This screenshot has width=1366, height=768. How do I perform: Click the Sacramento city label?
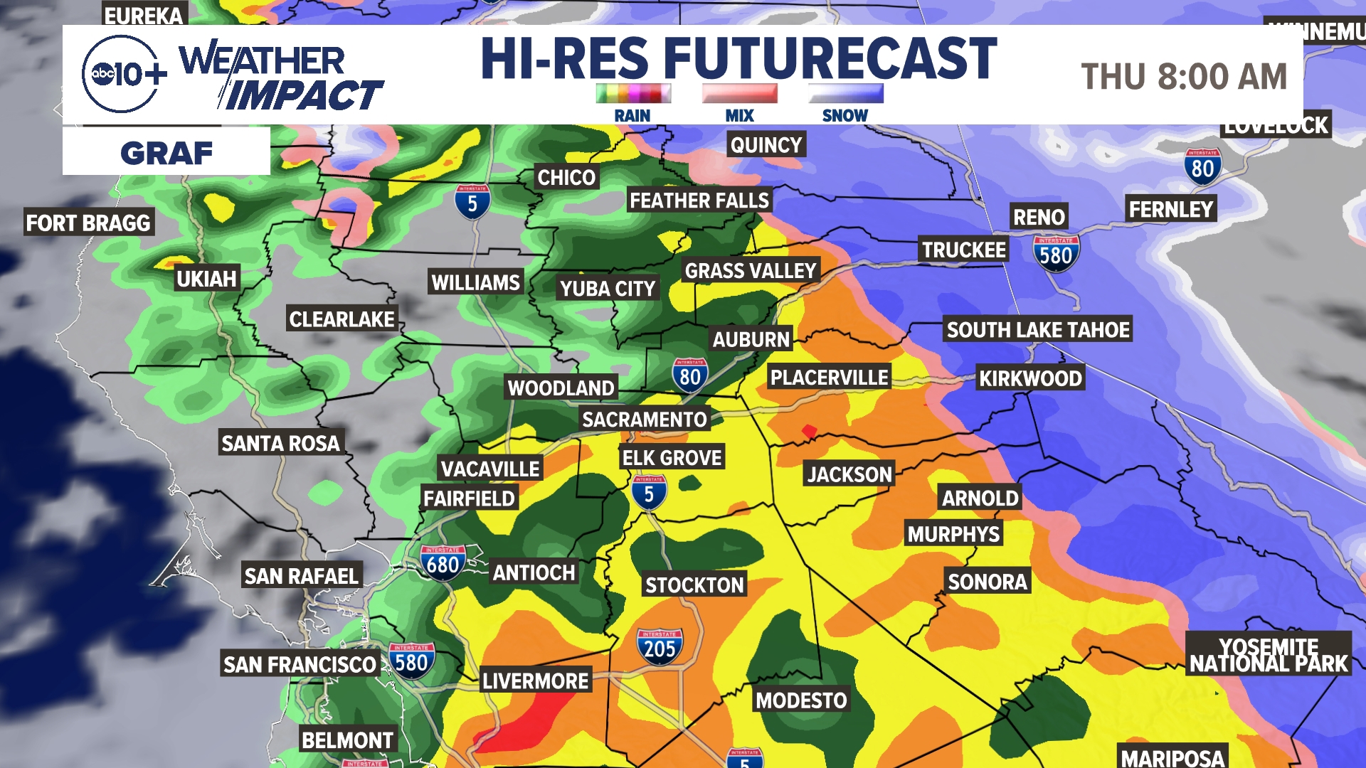click(x=644, y=420)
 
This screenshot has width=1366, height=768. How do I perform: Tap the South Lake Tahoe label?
click(x=1037, y=330)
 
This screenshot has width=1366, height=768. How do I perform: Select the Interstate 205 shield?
click(x=660, y=646)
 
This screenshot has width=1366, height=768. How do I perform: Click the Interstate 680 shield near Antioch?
click(x=443, y=563)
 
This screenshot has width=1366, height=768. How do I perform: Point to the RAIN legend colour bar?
click(x=633, y=93)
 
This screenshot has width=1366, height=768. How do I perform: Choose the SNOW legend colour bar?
click(x=845, y=93)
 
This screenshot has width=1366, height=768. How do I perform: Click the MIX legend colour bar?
click(x=739, y=93)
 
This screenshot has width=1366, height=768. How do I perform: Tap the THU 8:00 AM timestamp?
click(x=1184, y=77)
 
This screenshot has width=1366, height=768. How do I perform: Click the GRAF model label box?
click(x=166, y=152)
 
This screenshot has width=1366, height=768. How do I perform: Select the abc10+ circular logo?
click(x=121, y=74)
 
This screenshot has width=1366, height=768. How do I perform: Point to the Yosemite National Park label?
click(x=1269, y=655)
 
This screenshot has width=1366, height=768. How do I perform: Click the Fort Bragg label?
click(x=88, y=223)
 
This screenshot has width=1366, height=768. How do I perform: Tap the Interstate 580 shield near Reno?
click(x=1056, y=254)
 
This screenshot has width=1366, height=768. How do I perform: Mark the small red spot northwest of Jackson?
click(x=809, y=431)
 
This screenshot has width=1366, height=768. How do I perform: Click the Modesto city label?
click(x=801, y=700)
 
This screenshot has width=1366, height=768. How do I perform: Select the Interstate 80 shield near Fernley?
click(x=1202, y=167)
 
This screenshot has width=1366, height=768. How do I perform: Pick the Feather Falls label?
click(x=699, y=201)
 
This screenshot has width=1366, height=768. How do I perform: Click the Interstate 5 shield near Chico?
click(x=472, y=202)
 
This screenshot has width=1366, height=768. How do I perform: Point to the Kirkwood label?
click(x=1030, y=378)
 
